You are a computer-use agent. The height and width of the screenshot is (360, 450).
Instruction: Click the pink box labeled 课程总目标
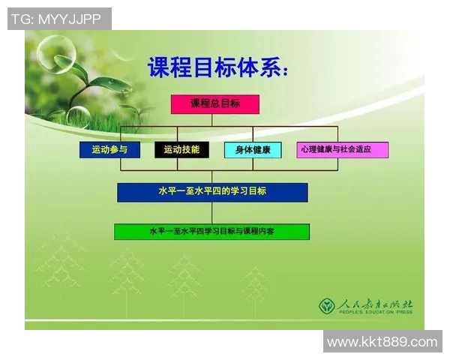(214, 104)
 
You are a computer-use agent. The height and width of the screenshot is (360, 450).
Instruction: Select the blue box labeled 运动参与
(109, 150)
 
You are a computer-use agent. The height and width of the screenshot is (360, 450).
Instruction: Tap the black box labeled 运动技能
(181, 150)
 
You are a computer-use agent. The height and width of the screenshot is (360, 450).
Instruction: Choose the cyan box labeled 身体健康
(253, 150)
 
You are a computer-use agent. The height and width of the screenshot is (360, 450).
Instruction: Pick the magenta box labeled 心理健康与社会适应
(342, 150)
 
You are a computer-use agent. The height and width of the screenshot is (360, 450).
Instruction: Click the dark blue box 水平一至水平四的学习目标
(212, 192)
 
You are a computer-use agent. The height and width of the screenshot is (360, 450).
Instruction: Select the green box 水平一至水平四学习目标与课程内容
(211, 232)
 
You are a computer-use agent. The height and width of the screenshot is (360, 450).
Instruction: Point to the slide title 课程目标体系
(217, 68)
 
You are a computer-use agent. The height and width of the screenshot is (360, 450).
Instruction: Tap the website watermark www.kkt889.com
(382, 342)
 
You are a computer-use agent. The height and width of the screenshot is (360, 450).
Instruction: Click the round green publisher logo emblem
(326, 306)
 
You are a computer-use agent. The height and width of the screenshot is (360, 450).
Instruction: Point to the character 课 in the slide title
(160, 68)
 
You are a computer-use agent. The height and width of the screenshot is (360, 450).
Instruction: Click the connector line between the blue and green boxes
(212, 213)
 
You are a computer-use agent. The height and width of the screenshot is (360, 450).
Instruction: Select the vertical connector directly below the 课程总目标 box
(214, 120)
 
